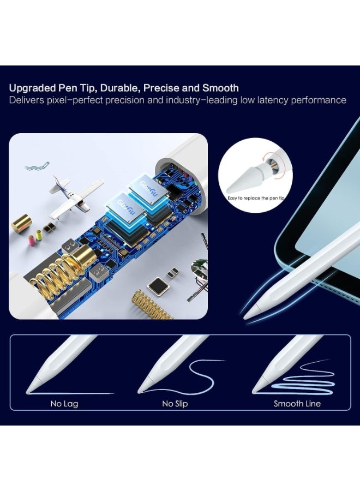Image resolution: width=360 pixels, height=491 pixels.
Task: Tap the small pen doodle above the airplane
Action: point(37,165)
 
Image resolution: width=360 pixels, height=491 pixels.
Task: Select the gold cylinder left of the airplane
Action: point(21,223)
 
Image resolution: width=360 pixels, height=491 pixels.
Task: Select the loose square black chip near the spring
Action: point(159,284)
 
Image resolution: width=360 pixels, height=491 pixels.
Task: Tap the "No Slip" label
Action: point(175,404)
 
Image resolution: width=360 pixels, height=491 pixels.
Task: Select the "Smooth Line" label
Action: point(297,404)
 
